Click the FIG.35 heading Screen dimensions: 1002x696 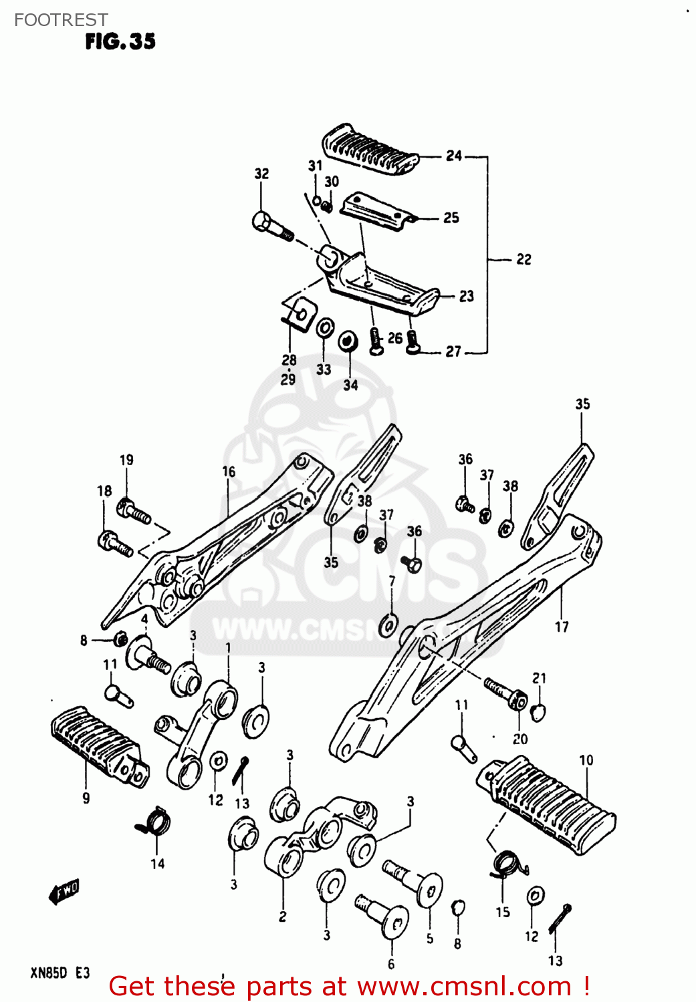(120, 41)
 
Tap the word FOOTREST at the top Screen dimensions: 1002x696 (61, 20)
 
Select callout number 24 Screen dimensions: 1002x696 (454, 156)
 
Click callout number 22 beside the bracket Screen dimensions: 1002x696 (524, 259)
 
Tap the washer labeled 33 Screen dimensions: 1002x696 (325, 328)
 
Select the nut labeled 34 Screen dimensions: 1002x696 (347, 341)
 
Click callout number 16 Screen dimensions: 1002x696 (229, 472)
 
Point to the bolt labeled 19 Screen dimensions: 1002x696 (134, 512)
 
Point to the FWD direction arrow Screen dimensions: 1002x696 (64, 891)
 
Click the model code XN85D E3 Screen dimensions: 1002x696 (60, 973)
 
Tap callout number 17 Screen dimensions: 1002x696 (562, 627)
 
